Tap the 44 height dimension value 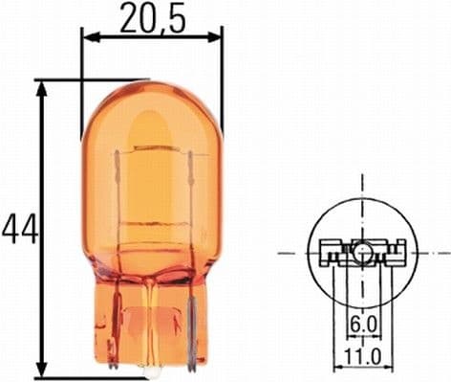(17, 229)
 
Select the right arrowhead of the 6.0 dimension (374, 338)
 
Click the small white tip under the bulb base (151, 370)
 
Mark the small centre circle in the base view (364, 253)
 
